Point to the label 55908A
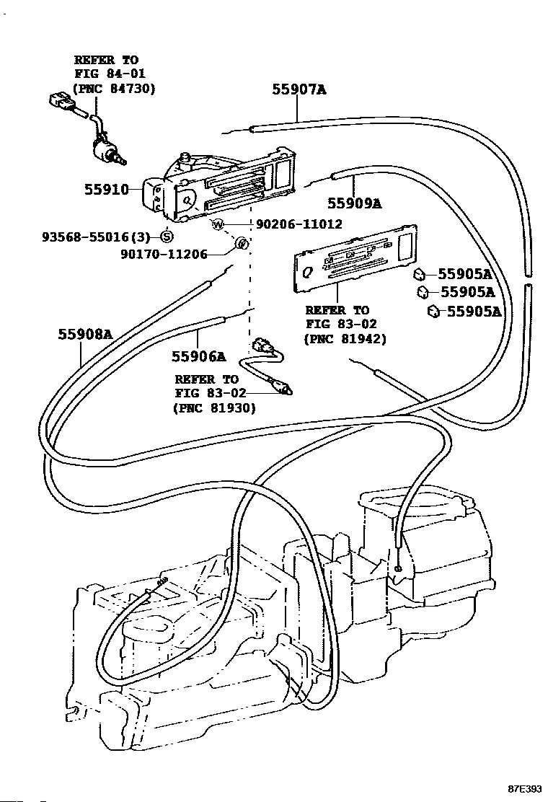(x=86, y=334)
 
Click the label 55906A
(x=198, y=356)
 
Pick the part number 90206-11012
(x=297, y=224)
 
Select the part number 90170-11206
(x=164, y=254)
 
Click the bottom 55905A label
(x=474, y=312)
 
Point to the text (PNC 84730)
(x=115, y=88)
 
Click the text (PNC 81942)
(x=345, y=338)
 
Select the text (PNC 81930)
(x=214, y=407)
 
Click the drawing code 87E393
(x=524, y=789)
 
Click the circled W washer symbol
(x=218, y=224)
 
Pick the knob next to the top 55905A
(x=418, y=274)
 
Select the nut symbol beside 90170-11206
(x=242, y=244)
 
